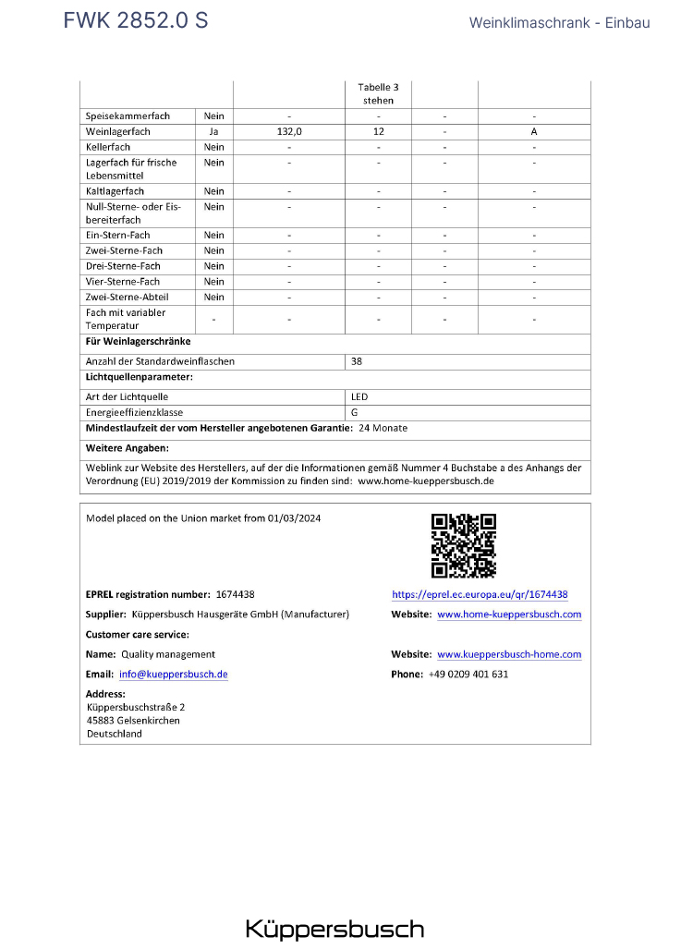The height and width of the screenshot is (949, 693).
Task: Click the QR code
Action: [464, 545]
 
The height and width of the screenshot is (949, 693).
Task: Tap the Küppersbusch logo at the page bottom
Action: [334, 929]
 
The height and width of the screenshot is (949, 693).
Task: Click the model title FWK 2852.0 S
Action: [136, 21]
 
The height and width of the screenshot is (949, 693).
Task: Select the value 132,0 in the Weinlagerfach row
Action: [289, 132]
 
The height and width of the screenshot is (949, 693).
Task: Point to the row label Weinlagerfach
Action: [118, 132]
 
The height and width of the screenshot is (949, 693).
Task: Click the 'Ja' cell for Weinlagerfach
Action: [214, 132]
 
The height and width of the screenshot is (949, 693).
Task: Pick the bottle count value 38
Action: [357, 361]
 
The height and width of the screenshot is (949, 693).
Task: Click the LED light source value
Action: [359, 396]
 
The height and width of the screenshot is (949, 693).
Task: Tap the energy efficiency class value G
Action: [355, 412]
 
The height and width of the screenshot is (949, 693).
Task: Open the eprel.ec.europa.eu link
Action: [480, 595]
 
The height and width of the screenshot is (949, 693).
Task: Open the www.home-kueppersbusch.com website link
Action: [509, 614]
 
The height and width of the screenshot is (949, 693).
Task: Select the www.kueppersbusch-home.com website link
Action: [509, 654]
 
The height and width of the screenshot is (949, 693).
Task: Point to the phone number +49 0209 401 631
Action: [468, 675]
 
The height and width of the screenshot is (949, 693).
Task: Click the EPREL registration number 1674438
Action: [235, 595]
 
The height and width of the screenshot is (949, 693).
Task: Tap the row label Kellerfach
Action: [108, 147]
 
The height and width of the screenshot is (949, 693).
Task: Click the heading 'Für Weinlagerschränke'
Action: [138, 341]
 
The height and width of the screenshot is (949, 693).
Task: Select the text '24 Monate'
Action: [383, 428]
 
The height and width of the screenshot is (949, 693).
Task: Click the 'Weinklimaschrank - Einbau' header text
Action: [559, 22]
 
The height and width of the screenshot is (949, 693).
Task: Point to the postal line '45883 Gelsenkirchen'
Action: [133, 720]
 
